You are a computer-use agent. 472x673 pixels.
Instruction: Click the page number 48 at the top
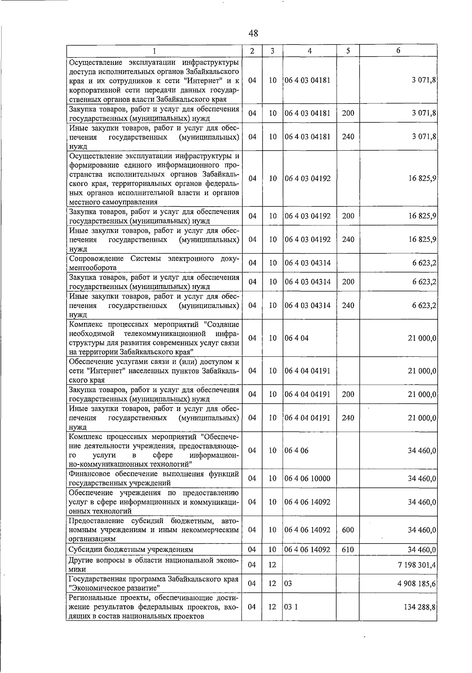tap(253, 33)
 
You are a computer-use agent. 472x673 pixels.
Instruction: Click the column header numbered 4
tap(310, 51)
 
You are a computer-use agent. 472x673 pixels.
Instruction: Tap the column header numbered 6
tap(398, 50)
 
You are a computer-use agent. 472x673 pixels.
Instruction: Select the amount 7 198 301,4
tap(417, 565)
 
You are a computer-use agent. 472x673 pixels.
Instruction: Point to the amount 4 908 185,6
tap(417, 583)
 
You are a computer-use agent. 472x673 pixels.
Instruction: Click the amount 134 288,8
tap(420, 607)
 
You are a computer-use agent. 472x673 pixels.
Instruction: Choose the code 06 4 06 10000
tap(308, 479)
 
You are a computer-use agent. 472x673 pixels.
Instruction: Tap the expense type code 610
tap(348, 549)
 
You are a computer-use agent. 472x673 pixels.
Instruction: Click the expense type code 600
tap(348, 530)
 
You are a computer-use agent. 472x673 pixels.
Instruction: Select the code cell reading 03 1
tap(291, 607)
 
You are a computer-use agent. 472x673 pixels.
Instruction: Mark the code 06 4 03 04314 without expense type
tap(308, 263)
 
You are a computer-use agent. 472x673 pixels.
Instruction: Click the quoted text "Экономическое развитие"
tap(114, 588)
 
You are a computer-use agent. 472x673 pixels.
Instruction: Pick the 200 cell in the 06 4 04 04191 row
tap(348, 394)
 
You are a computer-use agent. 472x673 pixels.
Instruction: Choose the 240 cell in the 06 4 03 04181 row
tap(348, 136)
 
